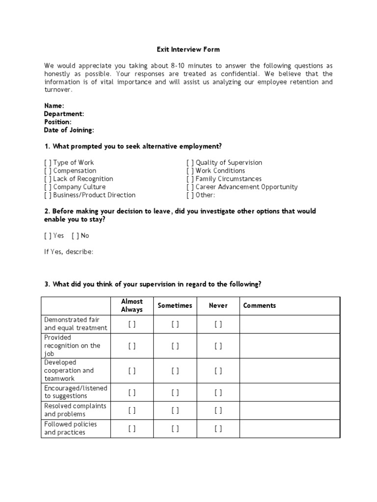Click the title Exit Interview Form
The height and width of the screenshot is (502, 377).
188,50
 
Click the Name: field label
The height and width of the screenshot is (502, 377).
54,106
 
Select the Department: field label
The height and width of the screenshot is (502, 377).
64,114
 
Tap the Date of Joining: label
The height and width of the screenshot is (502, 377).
69,130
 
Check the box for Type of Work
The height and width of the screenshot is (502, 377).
48,163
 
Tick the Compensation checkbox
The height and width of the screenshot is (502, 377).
48,171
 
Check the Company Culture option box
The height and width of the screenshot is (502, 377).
48,187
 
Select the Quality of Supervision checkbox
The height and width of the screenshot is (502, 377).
190,163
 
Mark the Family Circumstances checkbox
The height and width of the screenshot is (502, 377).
190,179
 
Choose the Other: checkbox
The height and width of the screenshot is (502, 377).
190,195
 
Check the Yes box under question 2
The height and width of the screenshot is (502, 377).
48,236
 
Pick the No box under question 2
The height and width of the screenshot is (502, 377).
75,236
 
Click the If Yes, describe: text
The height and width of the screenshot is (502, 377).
69,252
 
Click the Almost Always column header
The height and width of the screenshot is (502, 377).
132,305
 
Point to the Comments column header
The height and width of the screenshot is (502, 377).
260,305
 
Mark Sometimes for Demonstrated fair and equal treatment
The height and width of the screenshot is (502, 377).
175,324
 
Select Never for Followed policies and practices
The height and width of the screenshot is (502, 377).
218,428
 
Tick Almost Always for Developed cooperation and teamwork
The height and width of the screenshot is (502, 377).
132,371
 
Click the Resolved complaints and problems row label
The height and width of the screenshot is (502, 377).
75,410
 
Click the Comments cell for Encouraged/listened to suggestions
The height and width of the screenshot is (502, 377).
290,392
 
